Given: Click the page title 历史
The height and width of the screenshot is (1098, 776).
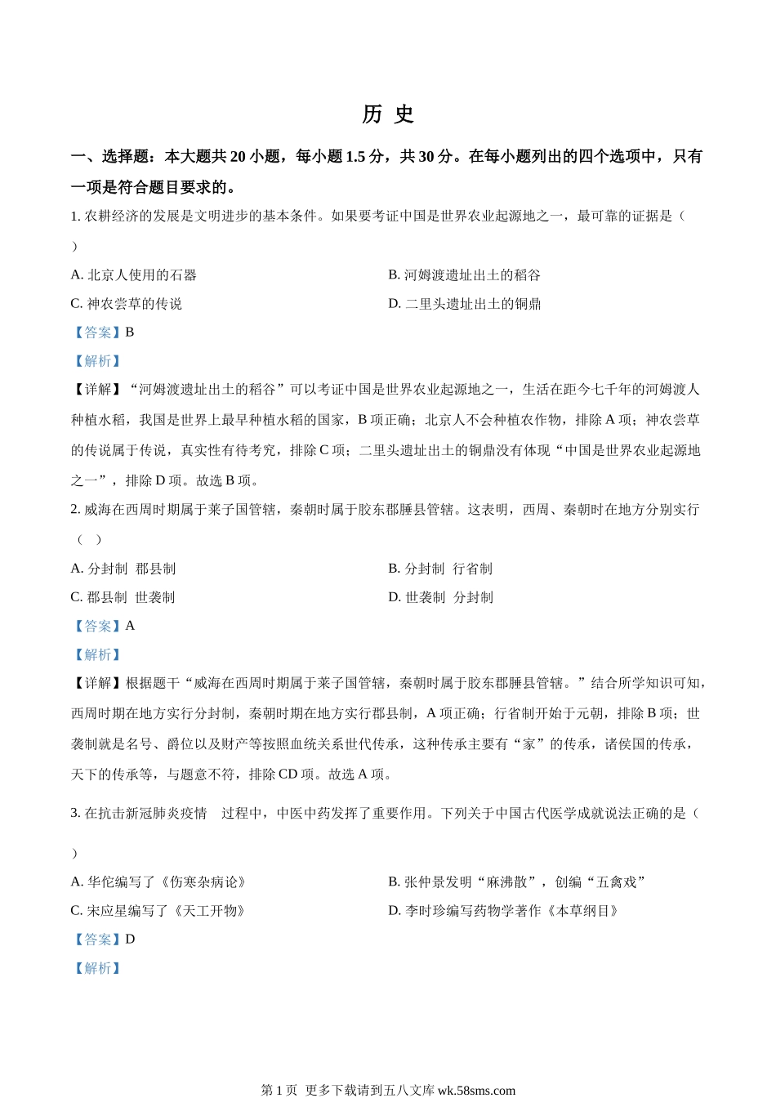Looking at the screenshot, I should click(388, 114).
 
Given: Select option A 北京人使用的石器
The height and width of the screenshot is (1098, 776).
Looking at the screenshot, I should click(134, 275).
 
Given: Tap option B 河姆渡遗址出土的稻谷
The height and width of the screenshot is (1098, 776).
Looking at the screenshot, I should click(464, 275).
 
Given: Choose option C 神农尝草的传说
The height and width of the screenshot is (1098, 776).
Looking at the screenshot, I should click(127, 304).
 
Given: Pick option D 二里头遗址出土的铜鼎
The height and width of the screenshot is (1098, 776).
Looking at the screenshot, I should click(464, 304).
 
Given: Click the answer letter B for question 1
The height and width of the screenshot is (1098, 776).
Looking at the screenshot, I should click(130, 333).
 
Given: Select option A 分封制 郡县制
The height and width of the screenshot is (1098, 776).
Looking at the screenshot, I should click(123, 569).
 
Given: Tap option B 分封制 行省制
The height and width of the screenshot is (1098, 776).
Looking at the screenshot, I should click(440, 569).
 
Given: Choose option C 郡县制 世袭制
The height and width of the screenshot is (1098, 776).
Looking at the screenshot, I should click(123, 597).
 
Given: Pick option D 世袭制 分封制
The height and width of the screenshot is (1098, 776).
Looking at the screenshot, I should click(440, 597).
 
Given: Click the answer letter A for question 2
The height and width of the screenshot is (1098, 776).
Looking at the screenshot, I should click(130, 626).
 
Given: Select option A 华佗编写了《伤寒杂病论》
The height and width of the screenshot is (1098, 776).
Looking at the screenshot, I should click(158, 882).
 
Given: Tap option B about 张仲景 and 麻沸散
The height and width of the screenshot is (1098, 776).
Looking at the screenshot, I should click(517, 882).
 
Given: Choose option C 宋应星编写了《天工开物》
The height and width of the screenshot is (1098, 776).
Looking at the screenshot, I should click(158, 911).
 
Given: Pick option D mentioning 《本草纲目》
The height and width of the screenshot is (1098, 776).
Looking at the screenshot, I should click(503, 911).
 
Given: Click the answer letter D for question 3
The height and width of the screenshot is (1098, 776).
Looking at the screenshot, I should click(130, 940).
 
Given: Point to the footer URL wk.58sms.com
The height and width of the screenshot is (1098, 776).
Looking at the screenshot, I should click(477, 1090).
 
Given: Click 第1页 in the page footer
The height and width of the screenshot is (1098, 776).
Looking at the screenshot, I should click(279, 1090).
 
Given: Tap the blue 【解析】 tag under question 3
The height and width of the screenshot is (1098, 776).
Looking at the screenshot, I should click(97, 968).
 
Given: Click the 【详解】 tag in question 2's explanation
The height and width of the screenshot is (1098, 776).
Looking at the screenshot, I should click(97, 684).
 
